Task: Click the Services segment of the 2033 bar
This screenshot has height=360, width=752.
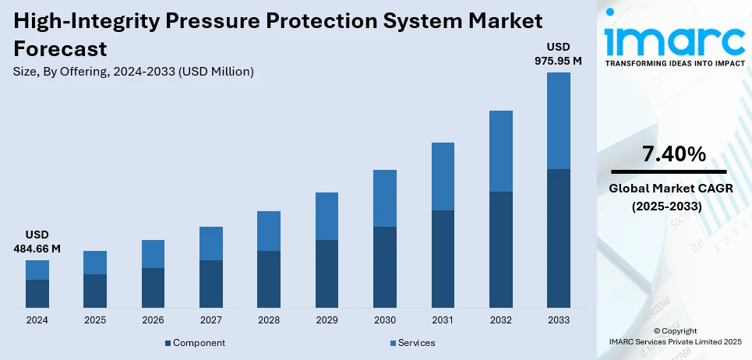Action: [x=558, y=121]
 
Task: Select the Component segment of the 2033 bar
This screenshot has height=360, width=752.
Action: [x=558, y=238]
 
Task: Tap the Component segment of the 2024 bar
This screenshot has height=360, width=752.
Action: [x=37, y=293]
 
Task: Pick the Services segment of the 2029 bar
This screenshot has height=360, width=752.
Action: [x=327, y=216]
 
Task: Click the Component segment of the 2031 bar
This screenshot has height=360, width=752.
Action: [x=443, y=259]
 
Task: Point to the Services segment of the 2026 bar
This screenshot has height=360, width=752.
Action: [x=153, y=254]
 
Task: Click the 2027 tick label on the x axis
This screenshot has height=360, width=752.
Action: [x=210, y=320]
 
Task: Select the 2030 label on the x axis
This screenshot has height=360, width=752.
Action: [x=384, y=320]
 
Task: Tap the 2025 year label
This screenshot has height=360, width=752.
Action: [x=95, y=320]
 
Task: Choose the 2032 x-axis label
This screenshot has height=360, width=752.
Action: [x=500, y=320]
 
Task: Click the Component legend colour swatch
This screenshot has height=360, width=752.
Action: [x=168, y=343]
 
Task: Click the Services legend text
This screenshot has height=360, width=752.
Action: [x=416, y=343]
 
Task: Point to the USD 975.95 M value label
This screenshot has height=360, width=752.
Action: [x=558, y=54]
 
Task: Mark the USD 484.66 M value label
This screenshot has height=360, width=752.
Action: [x=37, y=242]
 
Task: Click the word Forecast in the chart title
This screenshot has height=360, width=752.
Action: [x=60, y=49]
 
